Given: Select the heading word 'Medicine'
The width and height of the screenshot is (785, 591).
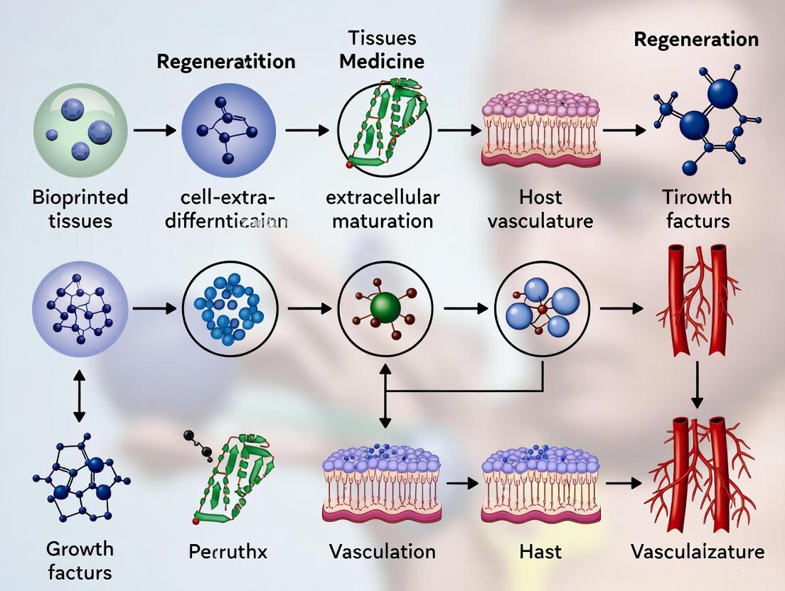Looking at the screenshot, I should point(382,61).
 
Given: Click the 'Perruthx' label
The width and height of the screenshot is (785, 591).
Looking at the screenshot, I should point(229,551).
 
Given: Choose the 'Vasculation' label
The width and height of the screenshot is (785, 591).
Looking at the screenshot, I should point(383,551).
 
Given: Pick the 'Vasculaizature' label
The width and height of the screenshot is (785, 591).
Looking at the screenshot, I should point(697,551).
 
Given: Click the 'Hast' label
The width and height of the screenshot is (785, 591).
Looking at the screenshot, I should point(540,551).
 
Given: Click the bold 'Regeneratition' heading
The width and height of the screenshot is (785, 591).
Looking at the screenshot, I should point(225,61).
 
